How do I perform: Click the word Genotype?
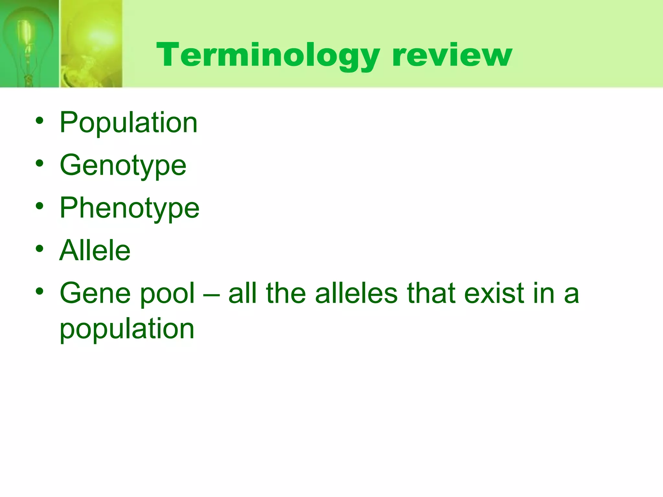point(123,165)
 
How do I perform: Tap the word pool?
point(167,294)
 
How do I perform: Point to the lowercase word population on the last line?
point(127,329)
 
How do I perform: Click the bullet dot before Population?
point(39,121)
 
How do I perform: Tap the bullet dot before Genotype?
point(39,163)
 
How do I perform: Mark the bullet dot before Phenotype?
point(39,206)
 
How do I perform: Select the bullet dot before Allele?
point(39,249)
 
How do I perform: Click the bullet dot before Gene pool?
point(39,292)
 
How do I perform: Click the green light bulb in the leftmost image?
point(28,39)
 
